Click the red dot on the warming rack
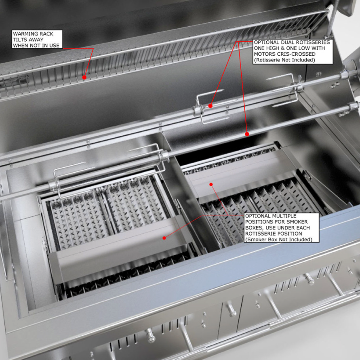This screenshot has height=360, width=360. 84,77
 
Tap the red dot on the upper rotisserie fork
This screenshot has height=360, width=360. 211,106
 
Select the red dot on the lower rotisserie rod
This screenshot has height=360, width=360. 247,134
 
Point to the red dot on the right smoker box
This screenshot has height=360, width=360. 211,184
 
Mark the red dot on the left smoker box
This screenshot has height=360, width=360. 164,238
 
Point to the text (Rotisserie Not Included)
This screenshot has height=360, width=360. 284,60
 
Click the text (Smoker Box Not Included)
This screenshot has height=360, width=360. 279,240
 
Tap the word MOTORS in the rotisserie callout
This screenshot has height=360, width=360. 262,54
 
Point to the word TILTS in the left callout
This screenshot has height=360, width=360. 20,40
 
